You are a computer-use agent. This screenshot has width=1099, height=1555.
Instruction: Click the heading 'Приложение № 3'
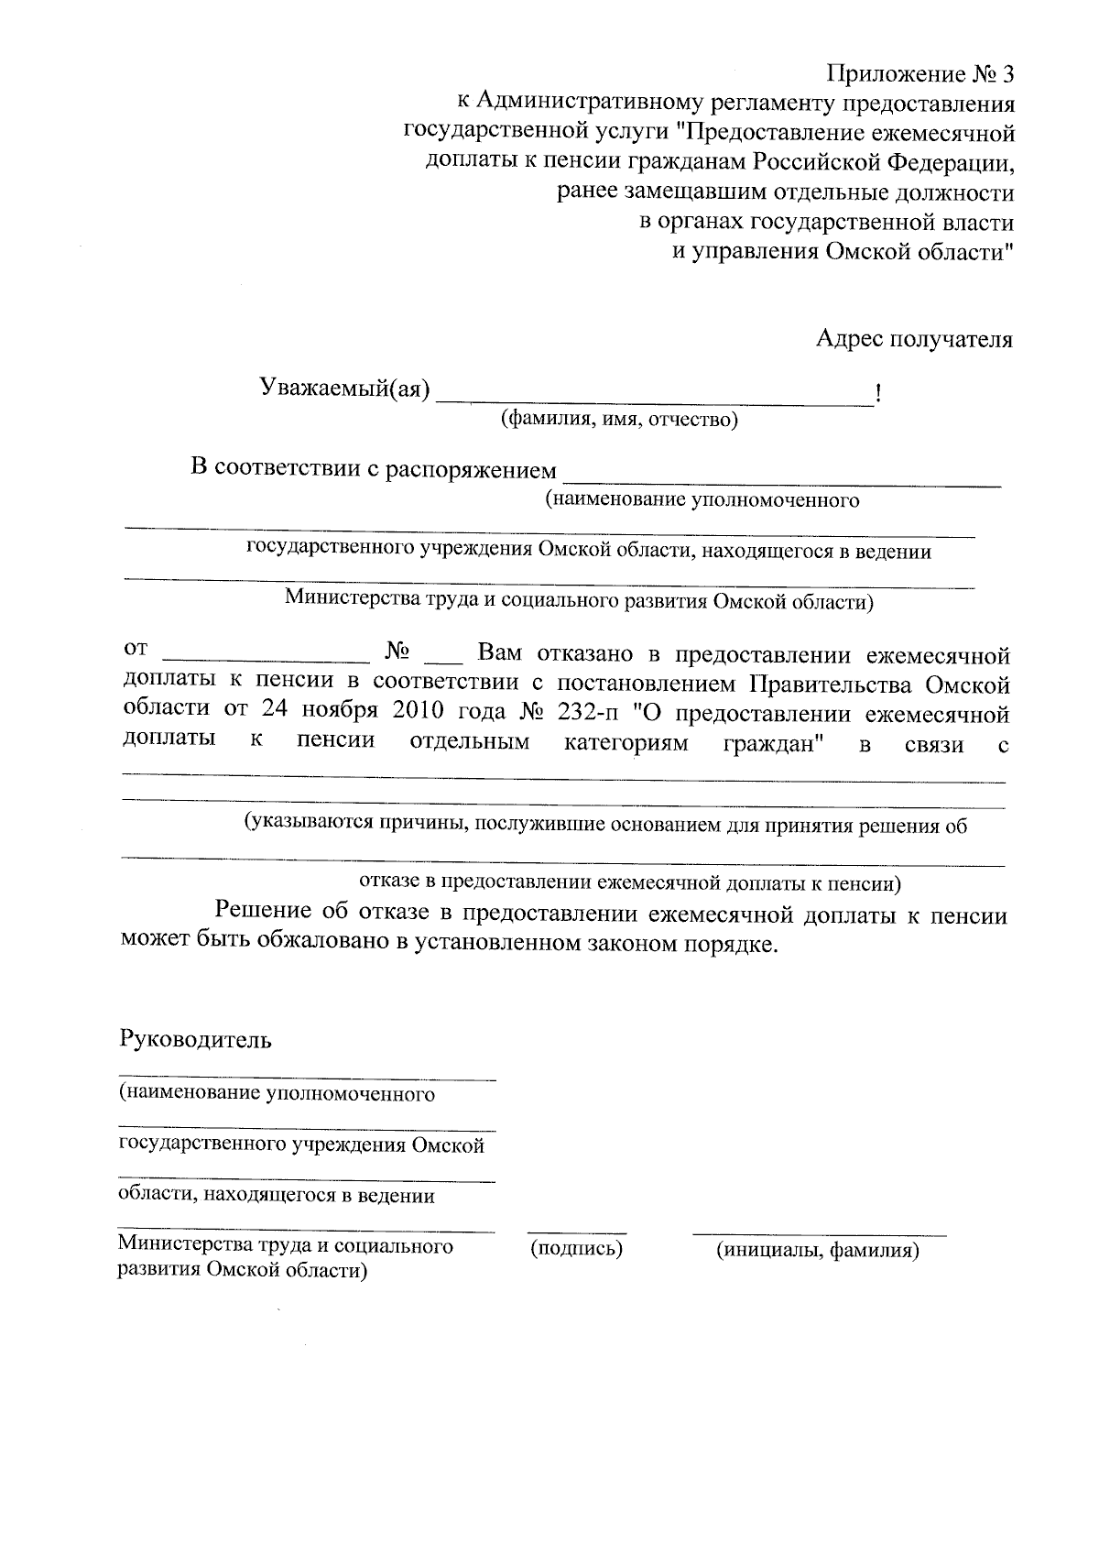[921, 74]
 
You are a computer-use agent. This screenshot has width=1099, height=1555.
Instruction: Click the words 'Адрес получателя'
[914, 340]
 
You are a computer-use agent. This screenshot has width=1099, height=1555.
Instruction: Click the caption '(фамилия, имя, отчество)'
[618, 421]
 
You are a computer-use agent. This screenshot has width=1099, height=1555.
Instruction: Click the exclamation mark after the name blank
[878, 395]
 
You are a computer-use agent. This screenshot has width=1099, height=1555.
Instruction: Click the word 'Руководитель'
[195, 1041]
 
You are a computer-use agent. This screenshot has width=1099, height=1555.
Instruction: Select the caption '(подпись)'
[576, 1248]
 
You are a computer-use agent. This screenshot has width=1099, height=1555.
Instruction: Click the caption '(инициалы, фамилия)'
[817, 1250]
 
